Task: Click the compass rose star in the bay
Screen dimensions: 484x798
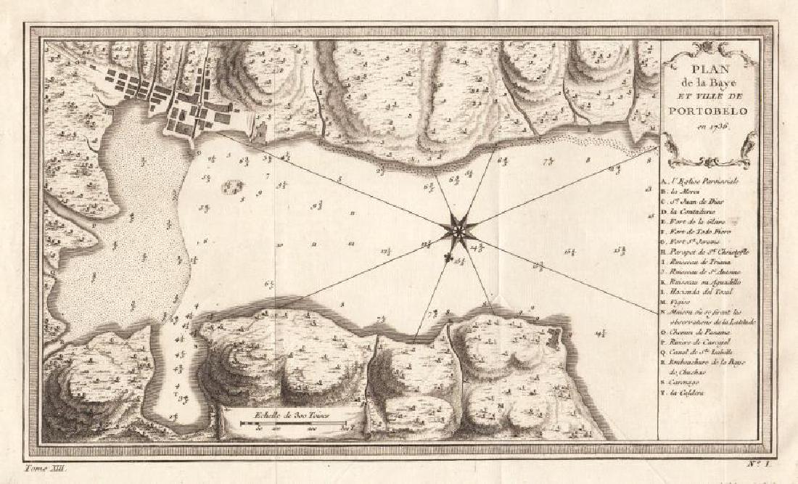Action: point(458,231)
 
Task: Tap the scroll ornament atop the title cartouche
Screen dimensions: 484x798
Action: point(708,49)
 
